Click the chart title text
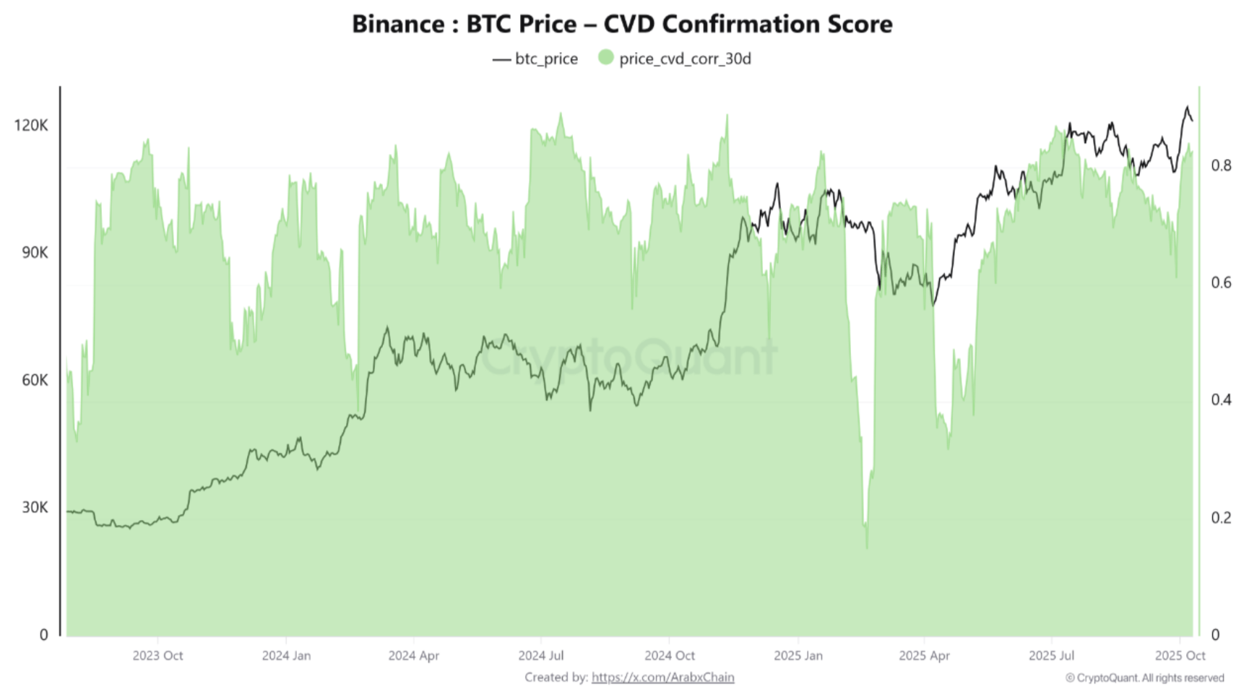622,24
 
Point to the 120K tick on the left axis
31,125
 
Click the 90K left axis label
35,252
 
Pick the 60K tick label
35,380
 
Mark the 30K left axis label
35,507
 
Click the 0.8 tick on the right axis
1221,165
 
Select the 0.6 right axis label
1221,282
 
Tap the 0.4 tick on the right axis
1221,399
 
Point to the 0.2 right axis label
1221,517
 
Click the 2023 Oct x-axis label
157,655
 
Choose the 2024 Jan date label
286,655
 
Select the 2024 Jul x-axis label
541,655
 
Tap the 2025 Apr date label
924,655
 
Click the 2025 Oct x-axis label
1180,655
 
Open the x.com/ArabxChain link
662,677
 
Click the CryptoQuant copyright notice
1144,678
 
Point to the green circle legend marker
605,58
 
